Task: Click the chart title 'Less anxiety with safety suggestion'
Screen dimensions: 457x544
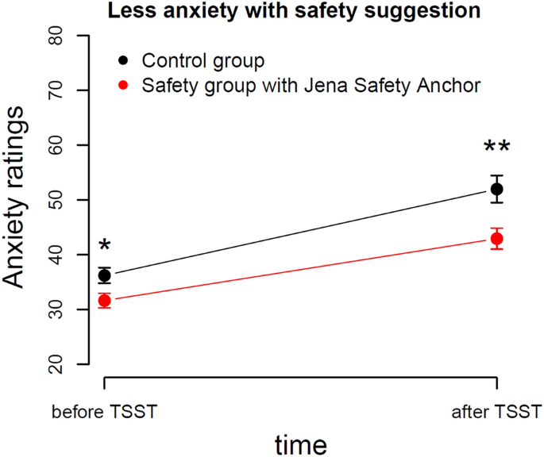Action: coord(272,11)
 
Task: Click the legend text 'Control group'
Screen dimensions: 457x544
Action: coord(203,61)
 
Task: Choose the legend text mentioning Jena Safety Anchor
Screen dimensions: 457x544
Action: coord(311,85)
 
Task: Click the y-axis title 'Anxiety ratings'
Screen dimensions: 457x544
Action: coord(21,200)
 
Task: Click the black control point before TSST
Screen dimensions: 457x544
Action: coord(104,276)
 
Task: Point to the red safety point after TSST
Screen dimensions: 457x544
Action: coord(496,239)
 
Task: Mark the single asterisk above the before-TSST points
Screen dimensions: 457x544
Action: coord(104,245)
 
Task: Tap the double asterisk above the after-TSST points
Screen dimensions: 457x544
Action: coord(496,148)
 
